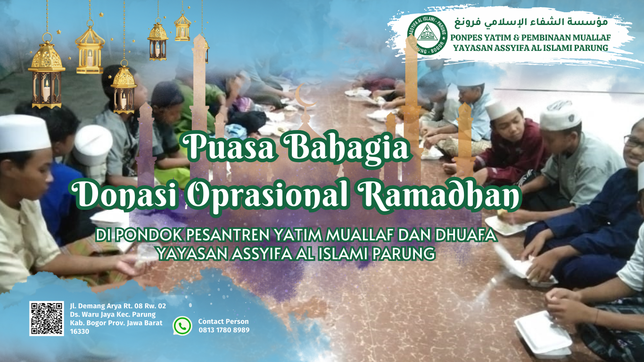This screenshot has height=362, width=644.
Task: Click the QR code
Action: [x=46, y=319]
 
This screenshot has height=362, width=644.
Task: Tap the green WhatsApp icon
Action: [x=182, y=326]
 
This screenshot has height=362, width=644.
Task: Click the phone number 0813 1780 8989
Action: [x=224, y=330]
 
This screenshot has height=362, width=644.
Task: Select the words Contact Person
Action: [x=223, y=321]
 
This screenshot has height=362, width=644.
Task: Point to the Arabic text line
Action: [x=530, y=22]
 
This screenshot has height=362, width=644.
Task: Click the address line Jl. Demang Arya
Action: [x=118, y=306]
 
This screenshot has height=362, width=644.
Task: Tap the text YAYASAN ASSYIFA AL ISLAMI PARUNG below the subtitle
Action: [x=296, y=254]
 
